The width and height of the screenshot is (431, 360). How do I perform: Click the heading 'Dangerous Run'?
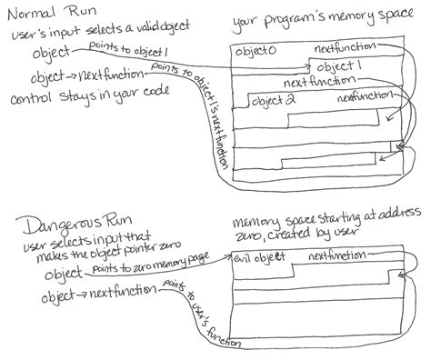coord(60,222)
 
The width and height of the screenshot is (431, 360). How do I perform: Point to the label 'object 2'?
coord(276,99)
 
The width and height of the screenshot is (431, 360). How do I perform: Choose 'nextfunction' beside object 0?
coord(344,48)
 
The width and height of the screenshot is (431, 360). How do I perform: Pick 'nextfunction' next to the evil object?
coord(336,258)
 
